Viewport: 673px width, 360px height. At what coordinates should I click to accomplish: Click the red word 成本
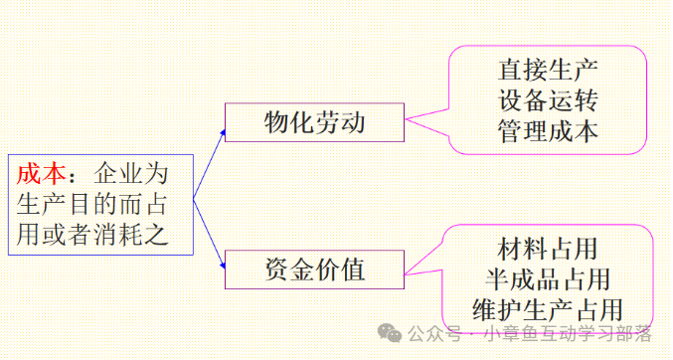tap(42, 174)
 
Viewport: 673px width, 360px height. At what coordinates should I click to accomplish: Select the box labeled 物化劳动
tap(314, 122)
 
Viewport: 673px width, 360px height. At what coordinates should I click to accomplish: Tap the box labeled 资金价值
tap(314, 270)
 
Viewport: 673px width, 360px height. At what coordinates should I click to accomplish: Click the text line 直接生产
tap(548, 70)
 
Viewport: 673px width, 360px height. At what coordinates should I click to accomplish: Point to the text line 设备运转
tap(548, 100)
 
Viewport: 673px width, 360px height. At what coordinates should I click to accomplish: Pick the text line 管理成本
tap(548, 130)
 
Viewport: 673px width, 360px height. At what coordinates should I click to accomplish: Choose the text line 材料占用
tap(548, 249)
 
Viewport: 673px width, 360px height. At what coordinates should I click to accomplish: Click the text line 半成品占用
tap(548, 279)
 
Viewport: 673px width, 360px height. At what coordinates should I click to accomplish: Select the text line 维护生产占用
tap(548, 309)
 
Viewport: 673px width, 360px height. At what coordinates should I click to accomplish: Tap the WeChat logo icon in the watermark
tap(390, 333)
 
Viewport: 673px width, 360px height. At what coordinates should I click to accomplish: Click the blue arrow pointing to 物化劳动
tap(210, 164)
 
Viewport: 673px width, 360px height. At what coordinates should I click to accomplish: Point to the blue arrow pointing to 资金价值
tap(210, 234)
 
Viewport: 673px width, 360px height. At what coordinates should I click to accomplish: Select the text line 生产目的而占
tap(91, 205)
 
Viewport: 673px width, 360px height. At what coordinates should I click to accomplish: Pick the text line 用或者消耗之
tap(91, 235)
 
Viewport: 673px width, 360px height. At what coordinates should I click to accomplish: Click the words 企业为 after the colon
tap(130, 174)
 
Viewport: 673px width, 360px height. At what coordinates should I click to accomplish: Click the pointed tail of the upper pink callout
tap(406, 119)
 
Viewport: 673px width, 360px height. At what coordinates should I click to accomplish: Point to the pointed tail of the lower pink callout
tap(406, 274)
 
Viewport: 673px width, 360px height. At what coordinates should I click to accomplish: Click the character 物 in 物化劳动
tap(276, 122)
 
